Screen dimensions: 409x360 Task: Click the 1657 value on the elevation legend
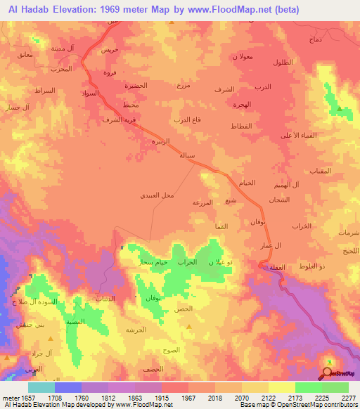tap(33, 397)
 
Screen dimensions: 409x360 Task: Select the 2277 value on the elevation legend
tap(348, 397)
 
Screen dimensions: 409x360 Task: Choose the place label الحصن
tap(183, 309)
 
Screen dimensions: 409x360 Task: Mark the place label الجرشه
tap(135, 330)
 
